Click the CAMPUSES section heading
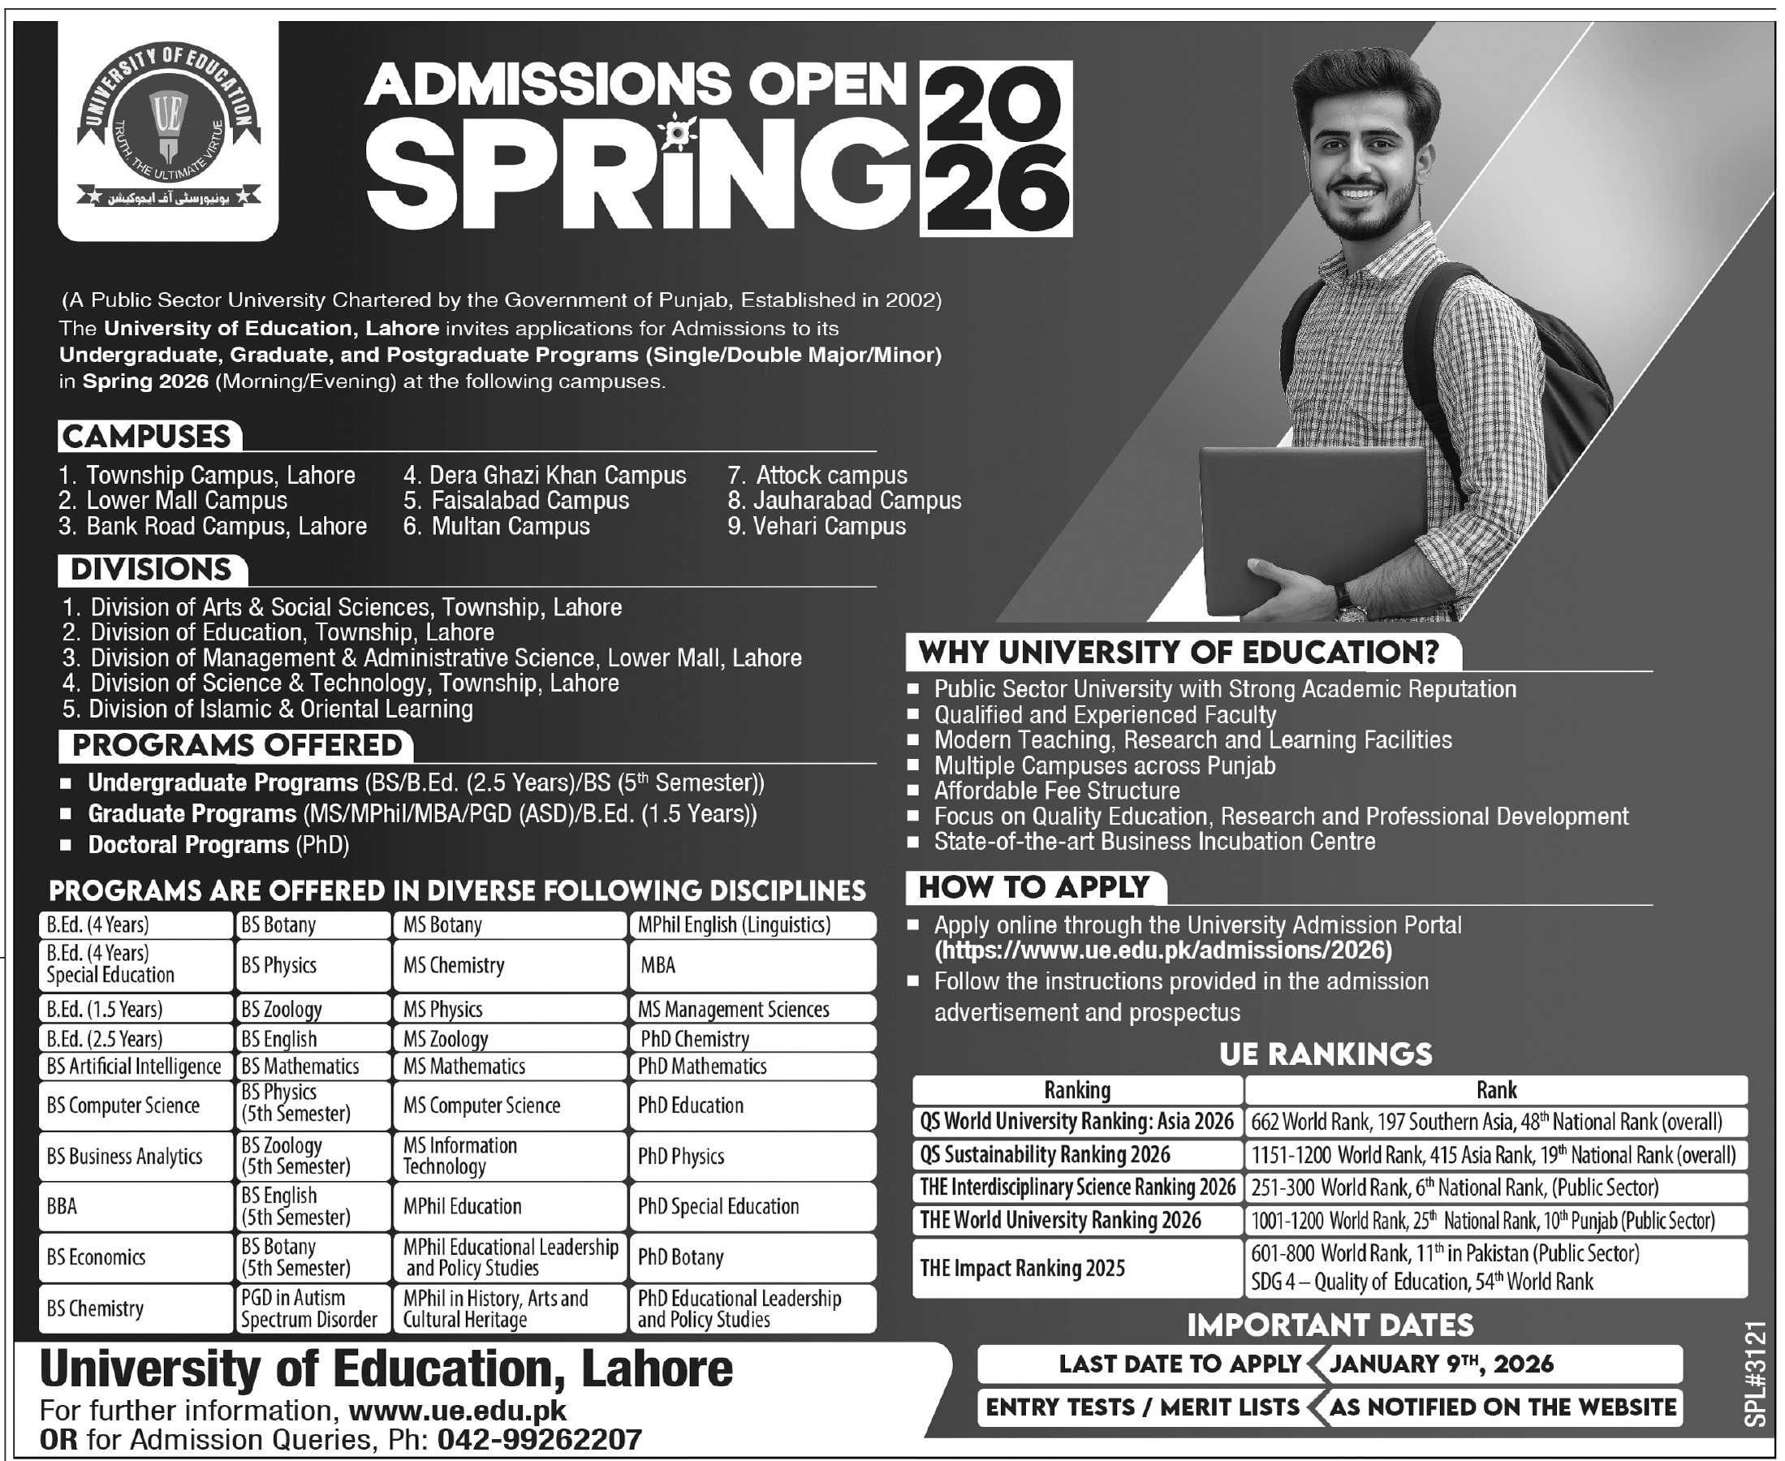[148, 437]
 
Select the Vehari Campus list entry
[817, 527]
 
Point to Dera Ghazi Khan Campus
[545, 476]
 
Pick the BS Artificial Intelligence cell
[135, 1067]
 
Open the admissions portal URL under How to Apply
[1163, 951]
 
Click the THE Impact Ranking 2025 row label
[1023, 1268]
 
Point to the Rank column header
[1495, 1091]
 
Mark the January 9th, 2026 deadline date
[1441, 1364]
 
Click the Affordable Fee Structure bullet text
[1056, 791]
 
